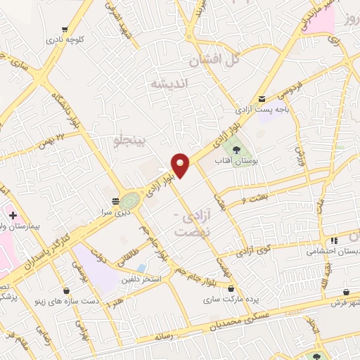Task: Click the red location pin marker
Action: point(181,165)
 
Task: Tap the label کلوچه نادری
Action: point(65,40)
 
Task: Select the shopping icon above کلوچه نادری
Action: point(65,30)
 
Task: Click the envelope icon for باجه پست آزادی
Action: point(262,99)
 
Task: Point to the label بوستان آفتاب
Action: point(237,160)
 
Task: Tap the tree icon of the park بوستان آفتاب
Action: point(236,149)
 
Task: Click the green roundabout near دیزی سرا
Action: point(130,200)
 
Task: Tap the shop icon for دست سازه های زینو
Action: point(65,290)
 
